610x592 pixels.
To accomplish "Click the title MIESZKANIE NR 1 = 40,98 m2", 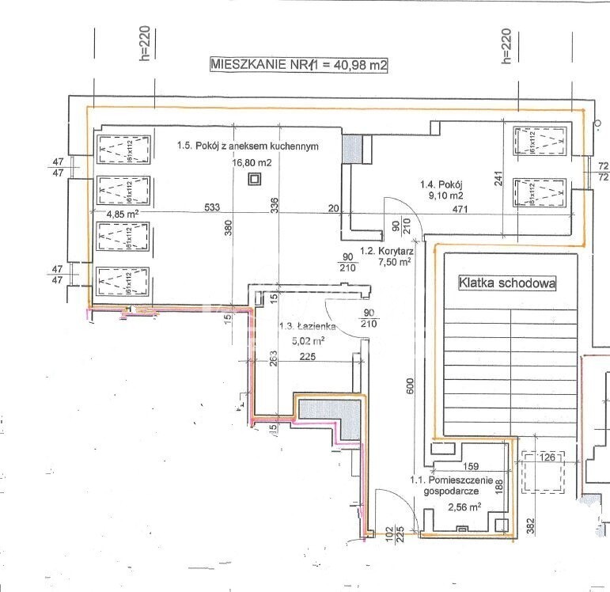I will click(x=298, y=65).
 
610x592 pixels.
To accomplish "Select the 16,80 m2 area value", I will click(x=252, y=162).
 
